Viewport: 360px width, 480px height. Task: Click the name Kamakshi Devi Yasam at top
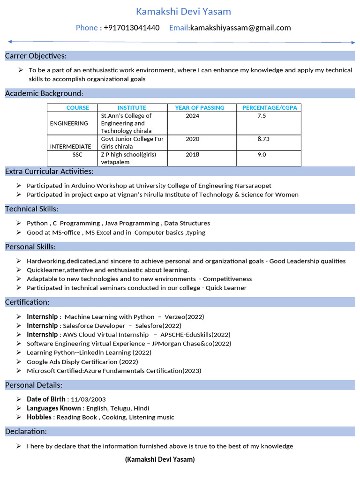point(183,11)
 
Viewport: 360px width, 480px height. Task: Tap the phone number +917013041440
point(132,28)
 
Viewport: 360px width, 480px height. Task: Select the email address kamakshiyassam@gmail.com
point(240,28)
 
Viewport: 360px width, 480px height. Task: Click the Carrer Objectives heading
point(36,56)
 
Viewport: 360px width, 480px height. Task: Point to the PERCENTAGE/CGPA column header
point(270,108)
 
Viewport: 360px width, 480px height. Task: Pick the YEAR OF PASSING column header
point(200,108)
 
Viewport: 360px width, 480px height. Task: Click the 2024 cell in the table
point(192,116)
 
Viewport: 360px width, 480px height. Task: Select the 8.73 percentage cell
point(263,139)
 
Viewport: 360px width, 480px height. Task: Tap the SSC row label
point(77,155)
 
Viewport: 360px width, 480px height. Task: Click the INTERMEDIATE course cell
point(70,147)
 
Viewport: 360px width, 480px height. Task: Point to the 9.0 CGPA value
point(262,155)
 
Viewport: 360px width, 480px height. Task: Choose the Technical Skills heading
point(32,209)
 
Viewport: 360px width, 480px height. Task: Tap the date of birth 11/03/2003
point(88,399)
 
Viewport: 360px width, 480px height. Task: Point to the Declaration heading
point(26,431)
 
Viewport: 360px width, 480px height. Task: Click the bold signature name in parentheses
point(160,459)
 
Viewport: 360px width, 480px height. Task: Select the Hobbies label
point(39,417)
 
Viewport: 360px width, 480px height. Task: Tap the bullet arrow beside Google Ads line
point(18,361)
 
